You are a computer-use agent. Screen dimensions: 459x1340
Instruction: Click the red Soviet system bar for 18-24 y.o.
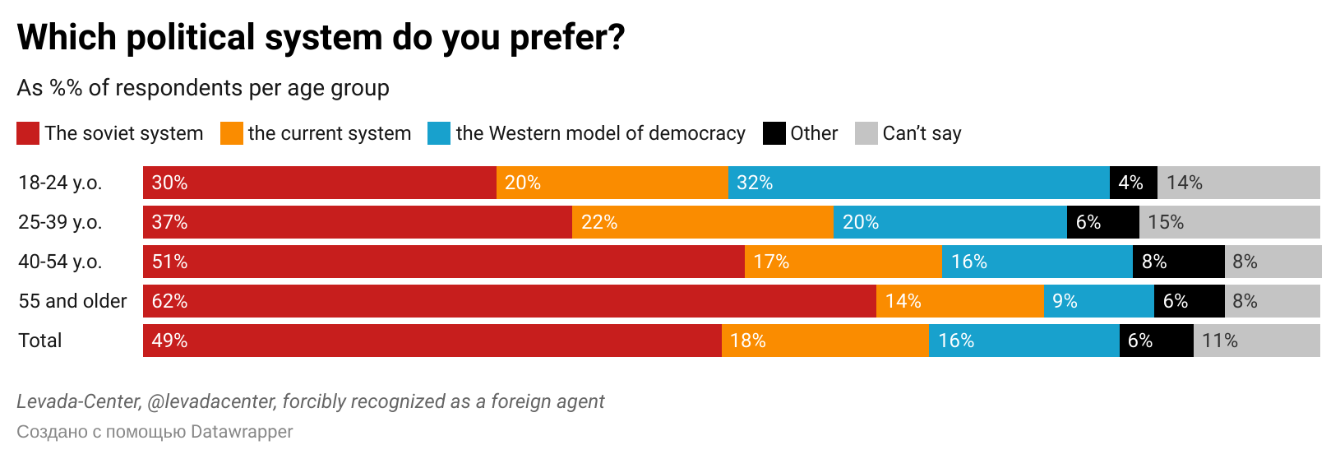(319, 183)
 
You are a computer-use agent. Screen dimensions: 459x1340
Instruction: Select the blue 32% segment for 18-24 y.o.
(918, 183)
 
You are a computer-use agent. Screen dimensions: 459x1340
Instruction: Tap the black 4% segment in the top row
(1133, 183)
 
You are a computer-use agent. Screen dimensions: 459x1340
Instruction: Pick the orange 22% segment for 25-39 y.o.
(702, 222)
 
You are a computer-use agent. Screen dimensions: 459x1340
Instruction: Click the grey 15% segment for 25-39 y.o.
(1229, 222)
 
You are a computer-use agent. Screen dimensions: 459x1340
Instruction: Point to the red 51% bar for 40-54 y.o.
(444, 262)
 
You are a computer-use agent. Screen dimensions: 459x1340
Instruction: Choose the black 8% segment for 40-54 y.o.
(1178, 262)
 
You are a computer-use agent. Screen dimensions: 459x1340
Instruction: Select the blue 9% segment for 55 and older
(1098, 301)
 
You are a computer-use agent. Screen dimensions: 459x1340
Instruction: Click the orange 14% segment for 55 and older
(959, 301)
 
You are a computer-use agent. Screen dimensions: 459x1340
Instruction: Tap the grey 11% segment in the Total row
(1256, 341)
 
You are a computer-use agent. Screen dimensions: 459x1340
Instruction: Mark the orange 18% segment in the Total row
(825, 341)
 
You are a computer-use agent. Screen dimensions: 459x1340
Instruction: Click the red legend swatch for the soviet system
(28, 133)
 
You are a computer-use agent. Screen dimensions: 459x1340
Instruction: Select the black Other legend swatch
(774, 133)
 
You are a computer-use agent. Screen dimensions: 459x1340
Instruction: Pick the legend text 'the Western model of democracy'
(600, 133)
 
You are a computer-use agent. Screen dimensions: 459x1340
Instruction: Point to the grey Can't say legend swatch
(866, 133)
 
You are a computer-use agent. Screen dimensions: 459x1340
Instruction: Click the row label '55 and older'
(72, 301)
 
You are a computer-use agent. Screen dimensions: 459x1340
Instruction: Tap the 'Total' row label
(40, 341)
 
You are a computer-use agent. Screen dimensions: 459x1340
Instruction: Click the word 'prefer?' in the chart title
(567, 38)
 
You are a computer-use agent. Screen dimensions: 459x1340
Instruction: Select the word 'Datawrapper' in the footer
(242, 432)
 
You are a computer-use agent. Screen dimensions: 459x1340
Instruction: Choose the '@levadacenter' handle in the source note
(210, 401)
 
